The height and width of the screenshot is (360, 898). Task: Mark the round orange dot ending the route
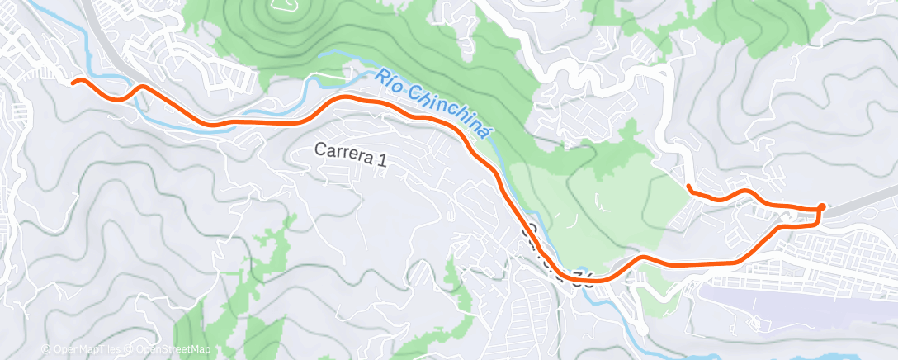[821, 206]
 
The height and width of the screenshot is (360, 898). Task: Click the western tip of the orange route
[73, 82]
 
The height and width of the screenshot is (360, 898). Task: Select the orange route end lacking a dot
[688, 187]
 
